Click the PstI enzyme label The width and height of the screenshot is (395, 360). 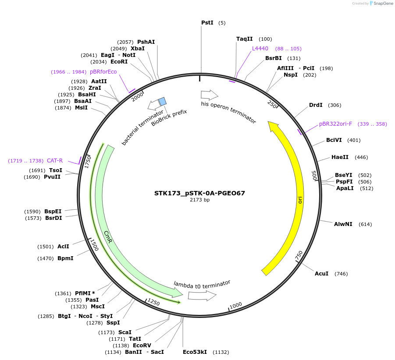[x=207, y=22]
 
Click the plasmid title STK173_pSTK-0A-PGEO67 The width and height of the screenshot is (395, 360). [x=199, y=193]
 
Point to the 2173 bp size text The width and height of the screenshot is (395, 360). [x=199, y=200]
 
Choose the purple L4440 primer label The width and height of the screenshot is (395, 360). [x=260, y=48]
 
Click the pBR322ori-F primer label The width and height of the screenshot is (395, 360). [x=335, y=124]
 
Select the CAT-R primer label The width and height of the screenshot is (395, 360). [x=55, y=161]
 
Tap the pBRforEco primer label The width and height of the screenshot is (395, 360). [x=103, y=71]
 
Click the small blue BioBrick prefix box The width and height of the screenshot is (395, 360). [x=162, y=102]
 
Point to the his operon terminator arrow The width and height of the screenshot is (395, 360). [x=209, y=94]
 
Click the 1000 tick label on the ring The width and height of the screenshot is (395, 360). [x=236, y=305]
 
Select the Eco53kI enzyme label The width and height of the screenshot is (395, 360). [x=196, y=352]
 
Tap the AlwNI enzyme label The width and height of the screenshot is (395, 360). [x=343, y=224]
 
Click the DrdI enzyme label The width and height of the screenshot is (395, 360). [x=316, y=105]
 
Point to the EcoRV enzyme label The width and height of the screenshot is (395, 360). [x=142, y=345]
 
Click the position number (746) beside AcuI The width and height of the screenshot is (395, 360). [x=341, y=274]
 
